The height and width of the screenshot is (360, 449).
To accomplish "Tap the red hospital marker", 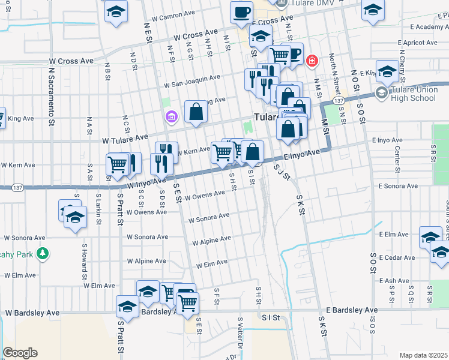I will [x=311, y=60].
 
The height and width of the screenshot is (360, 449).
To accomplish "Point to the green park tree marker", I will [x=42, y=254].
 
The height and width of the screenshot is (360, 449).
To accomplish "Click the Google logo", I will [x=20, y=353].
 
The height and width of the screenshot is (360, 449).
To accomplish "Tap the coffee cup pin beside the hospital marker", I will [x=295, y=53].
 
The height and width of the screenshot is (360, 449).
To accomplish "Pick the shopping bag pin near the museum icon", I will [x=196, y=111].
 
